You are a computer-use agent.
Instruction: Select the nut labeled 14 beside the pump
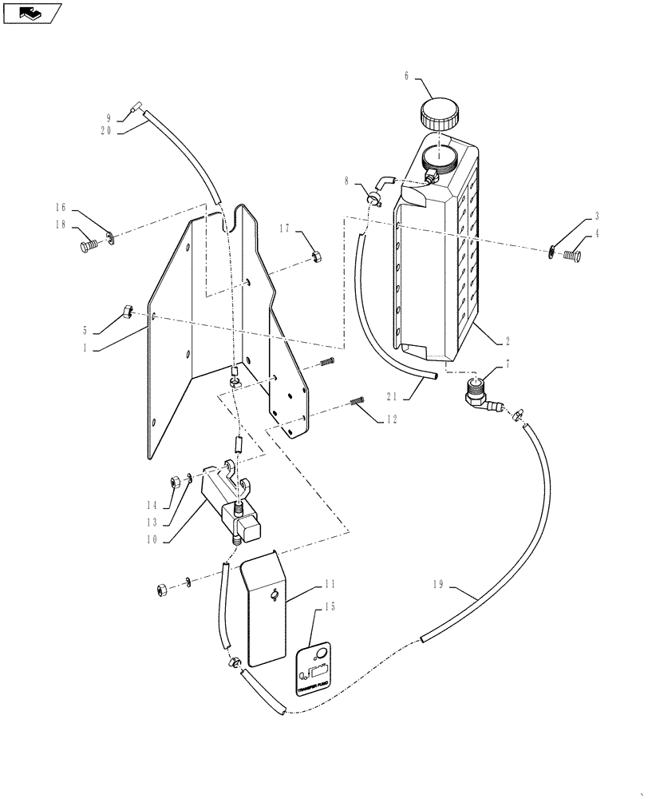tap(175, 482)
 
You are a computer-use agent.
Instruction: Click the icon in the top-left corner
tap(32, 12)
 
